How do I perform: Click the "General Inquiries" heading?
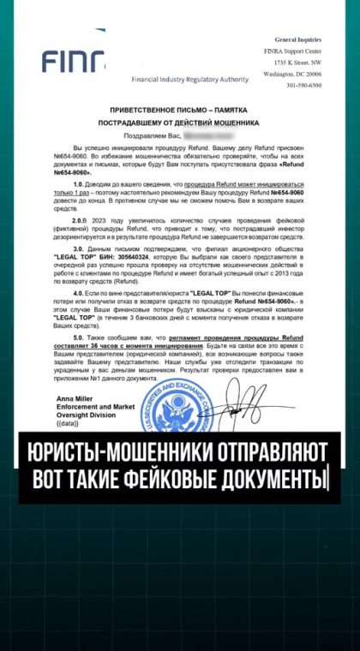click(297, 39)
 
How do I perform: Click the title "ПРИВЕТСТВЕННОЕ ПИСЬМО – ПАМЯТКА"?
click(178, 111)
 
